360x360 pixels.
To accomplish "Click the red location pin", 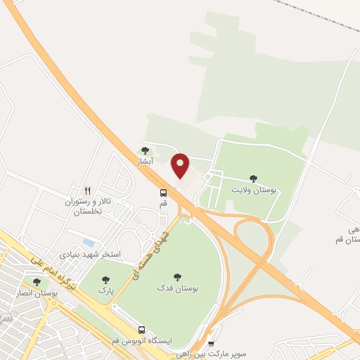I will click(x=181, y=164).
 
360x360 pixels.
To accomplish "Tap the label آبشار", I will click(x=145, y=162).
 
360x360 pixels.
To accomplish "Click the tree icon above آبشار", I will click(x=145, y=150).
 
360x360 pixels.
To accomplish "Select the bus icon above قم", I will click(x=163, y=193).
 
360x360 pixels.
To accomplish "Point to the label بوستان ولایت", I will click(x=255, y=190).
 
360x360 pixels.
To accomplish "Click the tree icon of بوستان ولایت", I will click(x=253, y=179).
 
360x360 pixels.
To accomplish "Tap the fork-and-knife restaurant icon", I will click(x=88, y=190).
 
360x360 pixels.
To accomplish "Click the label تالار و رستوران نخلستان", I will click(x=89, y=206).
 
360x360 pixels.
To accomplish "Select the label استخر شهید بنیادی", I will click(x=91, y=253).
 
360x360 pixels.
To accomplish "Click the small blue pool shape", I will click(x=88, y=243).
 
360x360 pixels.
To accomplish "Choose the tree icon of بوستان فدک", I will click(x=176, y=278).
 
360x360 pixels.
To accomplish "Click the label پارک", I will click(x=105, y=290).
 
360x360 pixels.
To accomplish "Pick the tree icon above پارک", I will click(x=105, y=279).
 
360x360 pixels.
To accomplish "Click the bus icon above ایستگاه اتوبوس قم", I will click(x=142, y=330).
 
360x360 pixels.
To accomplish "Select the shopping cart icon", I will click(x=211, y=344).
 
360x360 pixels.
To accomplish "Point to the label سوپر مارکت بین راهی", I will click(x=212, y=354).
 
